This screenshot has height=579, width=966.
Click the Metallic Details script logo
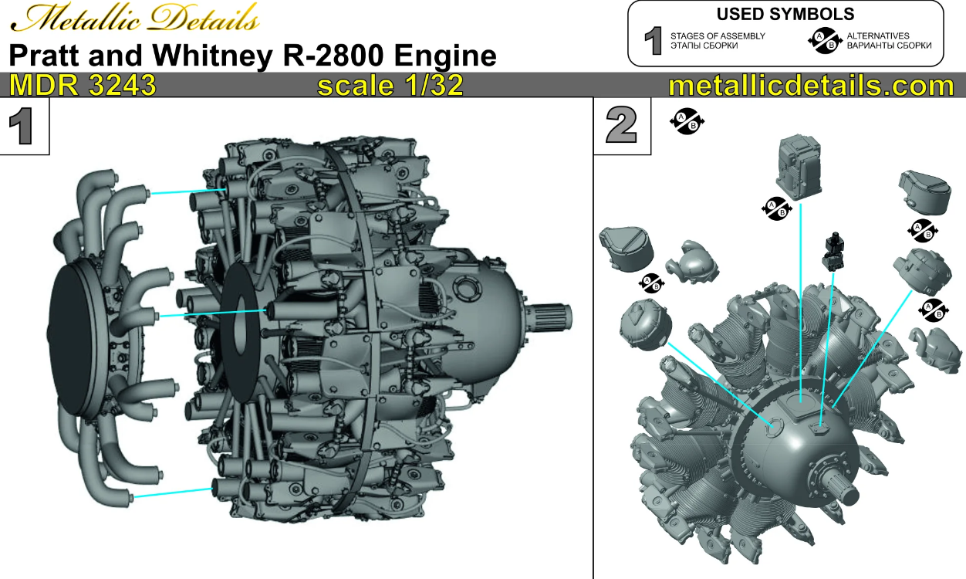[133, 19]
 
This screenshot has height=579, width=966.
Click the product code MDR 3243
[83, 86]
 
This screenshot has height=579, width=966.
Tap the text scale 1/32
[390, 86]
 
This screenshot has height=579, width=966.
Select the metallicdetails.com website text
[811, 86]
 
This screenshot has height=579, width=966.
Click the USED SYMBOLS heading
[785, 14]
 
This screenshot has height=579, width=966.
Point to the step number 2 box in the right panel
[622, 126]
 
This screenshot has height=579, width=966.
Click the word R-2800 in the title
[347, 56]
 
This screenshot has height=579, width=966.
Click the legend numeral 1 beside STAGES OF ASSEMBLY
[653, 41]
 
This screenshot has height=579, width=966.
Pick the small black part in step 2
[833, 250]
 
